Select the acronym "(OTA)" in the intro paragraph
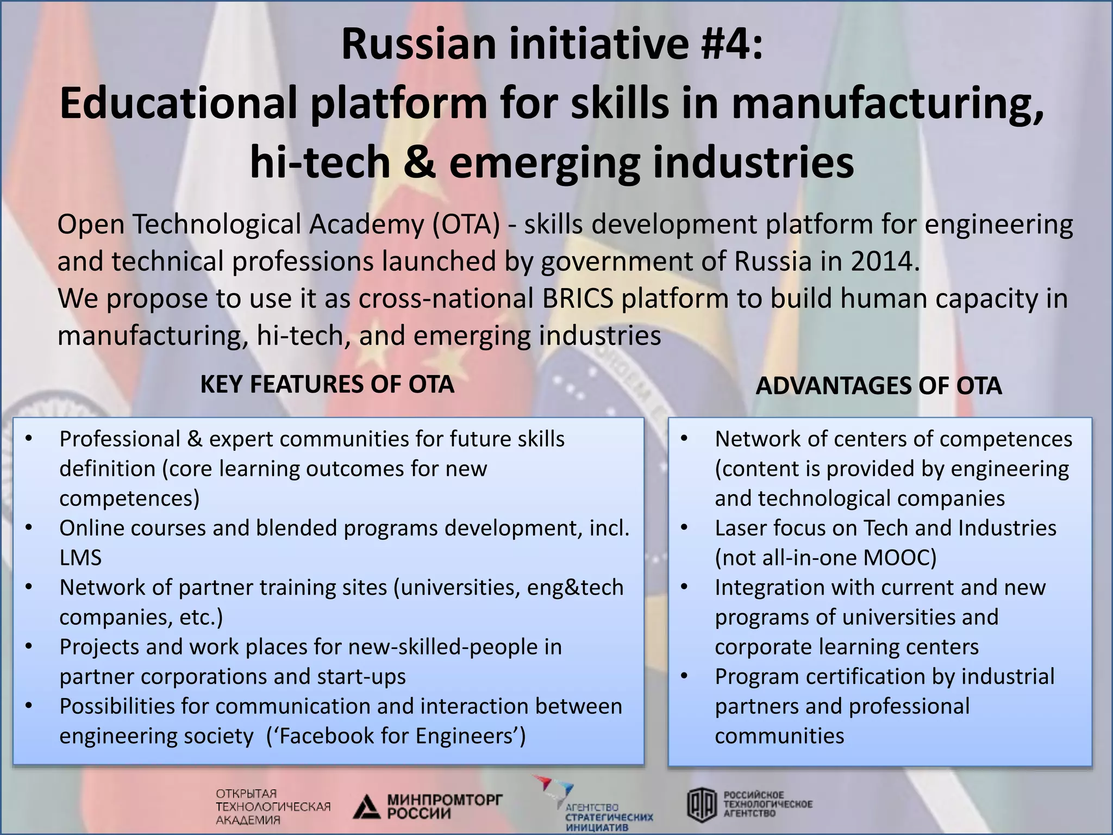point(466,225)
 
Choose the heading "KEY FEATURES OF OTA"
point(327,384)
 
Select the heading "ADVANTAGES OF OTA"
point(878,386)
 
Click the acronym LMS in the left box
point(80,558)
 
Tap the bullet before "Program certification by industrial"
point(684,677)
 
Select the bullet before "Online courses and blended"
point(29,528)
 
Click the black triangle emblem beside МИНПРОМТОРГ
point(366,807)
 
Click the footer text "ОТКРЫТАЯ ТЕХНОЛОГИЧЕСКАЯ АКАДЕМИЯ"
point(273,807)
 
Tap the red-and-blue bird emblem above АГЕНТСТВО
point(553,787)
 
